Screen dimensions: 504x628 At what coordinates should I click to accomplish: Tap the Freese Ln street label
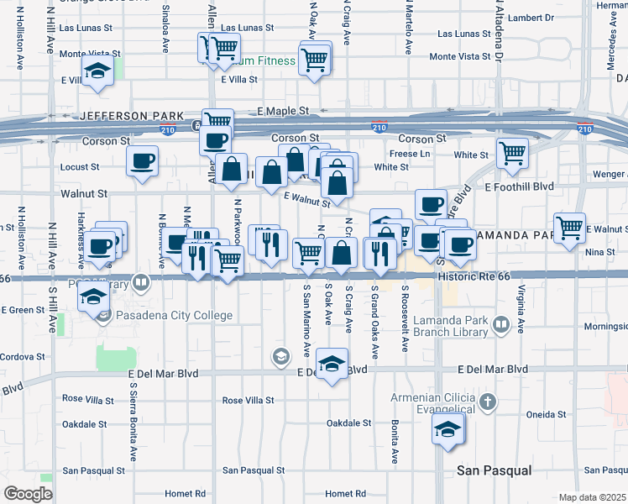[x=410, y=154]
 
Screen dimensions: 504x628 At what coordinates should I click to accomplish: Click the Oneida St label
[x=547, y=415]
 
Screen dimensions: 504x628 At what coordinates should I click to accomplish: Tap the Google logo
[x=28, y=494]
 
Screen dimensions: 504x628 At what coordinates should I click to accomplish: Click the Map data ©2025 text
[x=591, y=497]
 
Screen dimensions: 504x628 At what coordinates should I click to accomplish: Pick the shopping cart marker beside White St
[x=512, y=153]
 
